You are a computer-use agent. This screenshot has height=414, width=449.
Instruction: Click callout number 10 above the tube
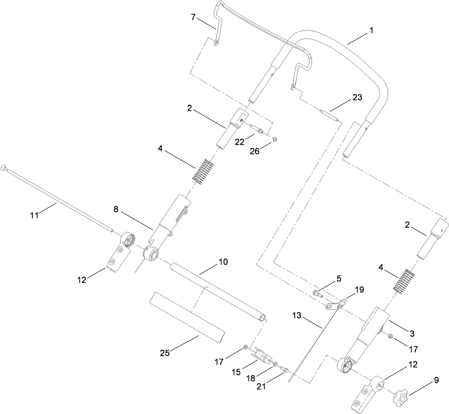click(223, 263)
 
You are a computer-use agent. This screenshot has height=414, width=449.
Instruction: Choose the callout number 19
click(360, 290)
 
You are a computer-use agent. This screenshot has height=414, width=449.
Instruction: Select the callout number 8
click(117, 209)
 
